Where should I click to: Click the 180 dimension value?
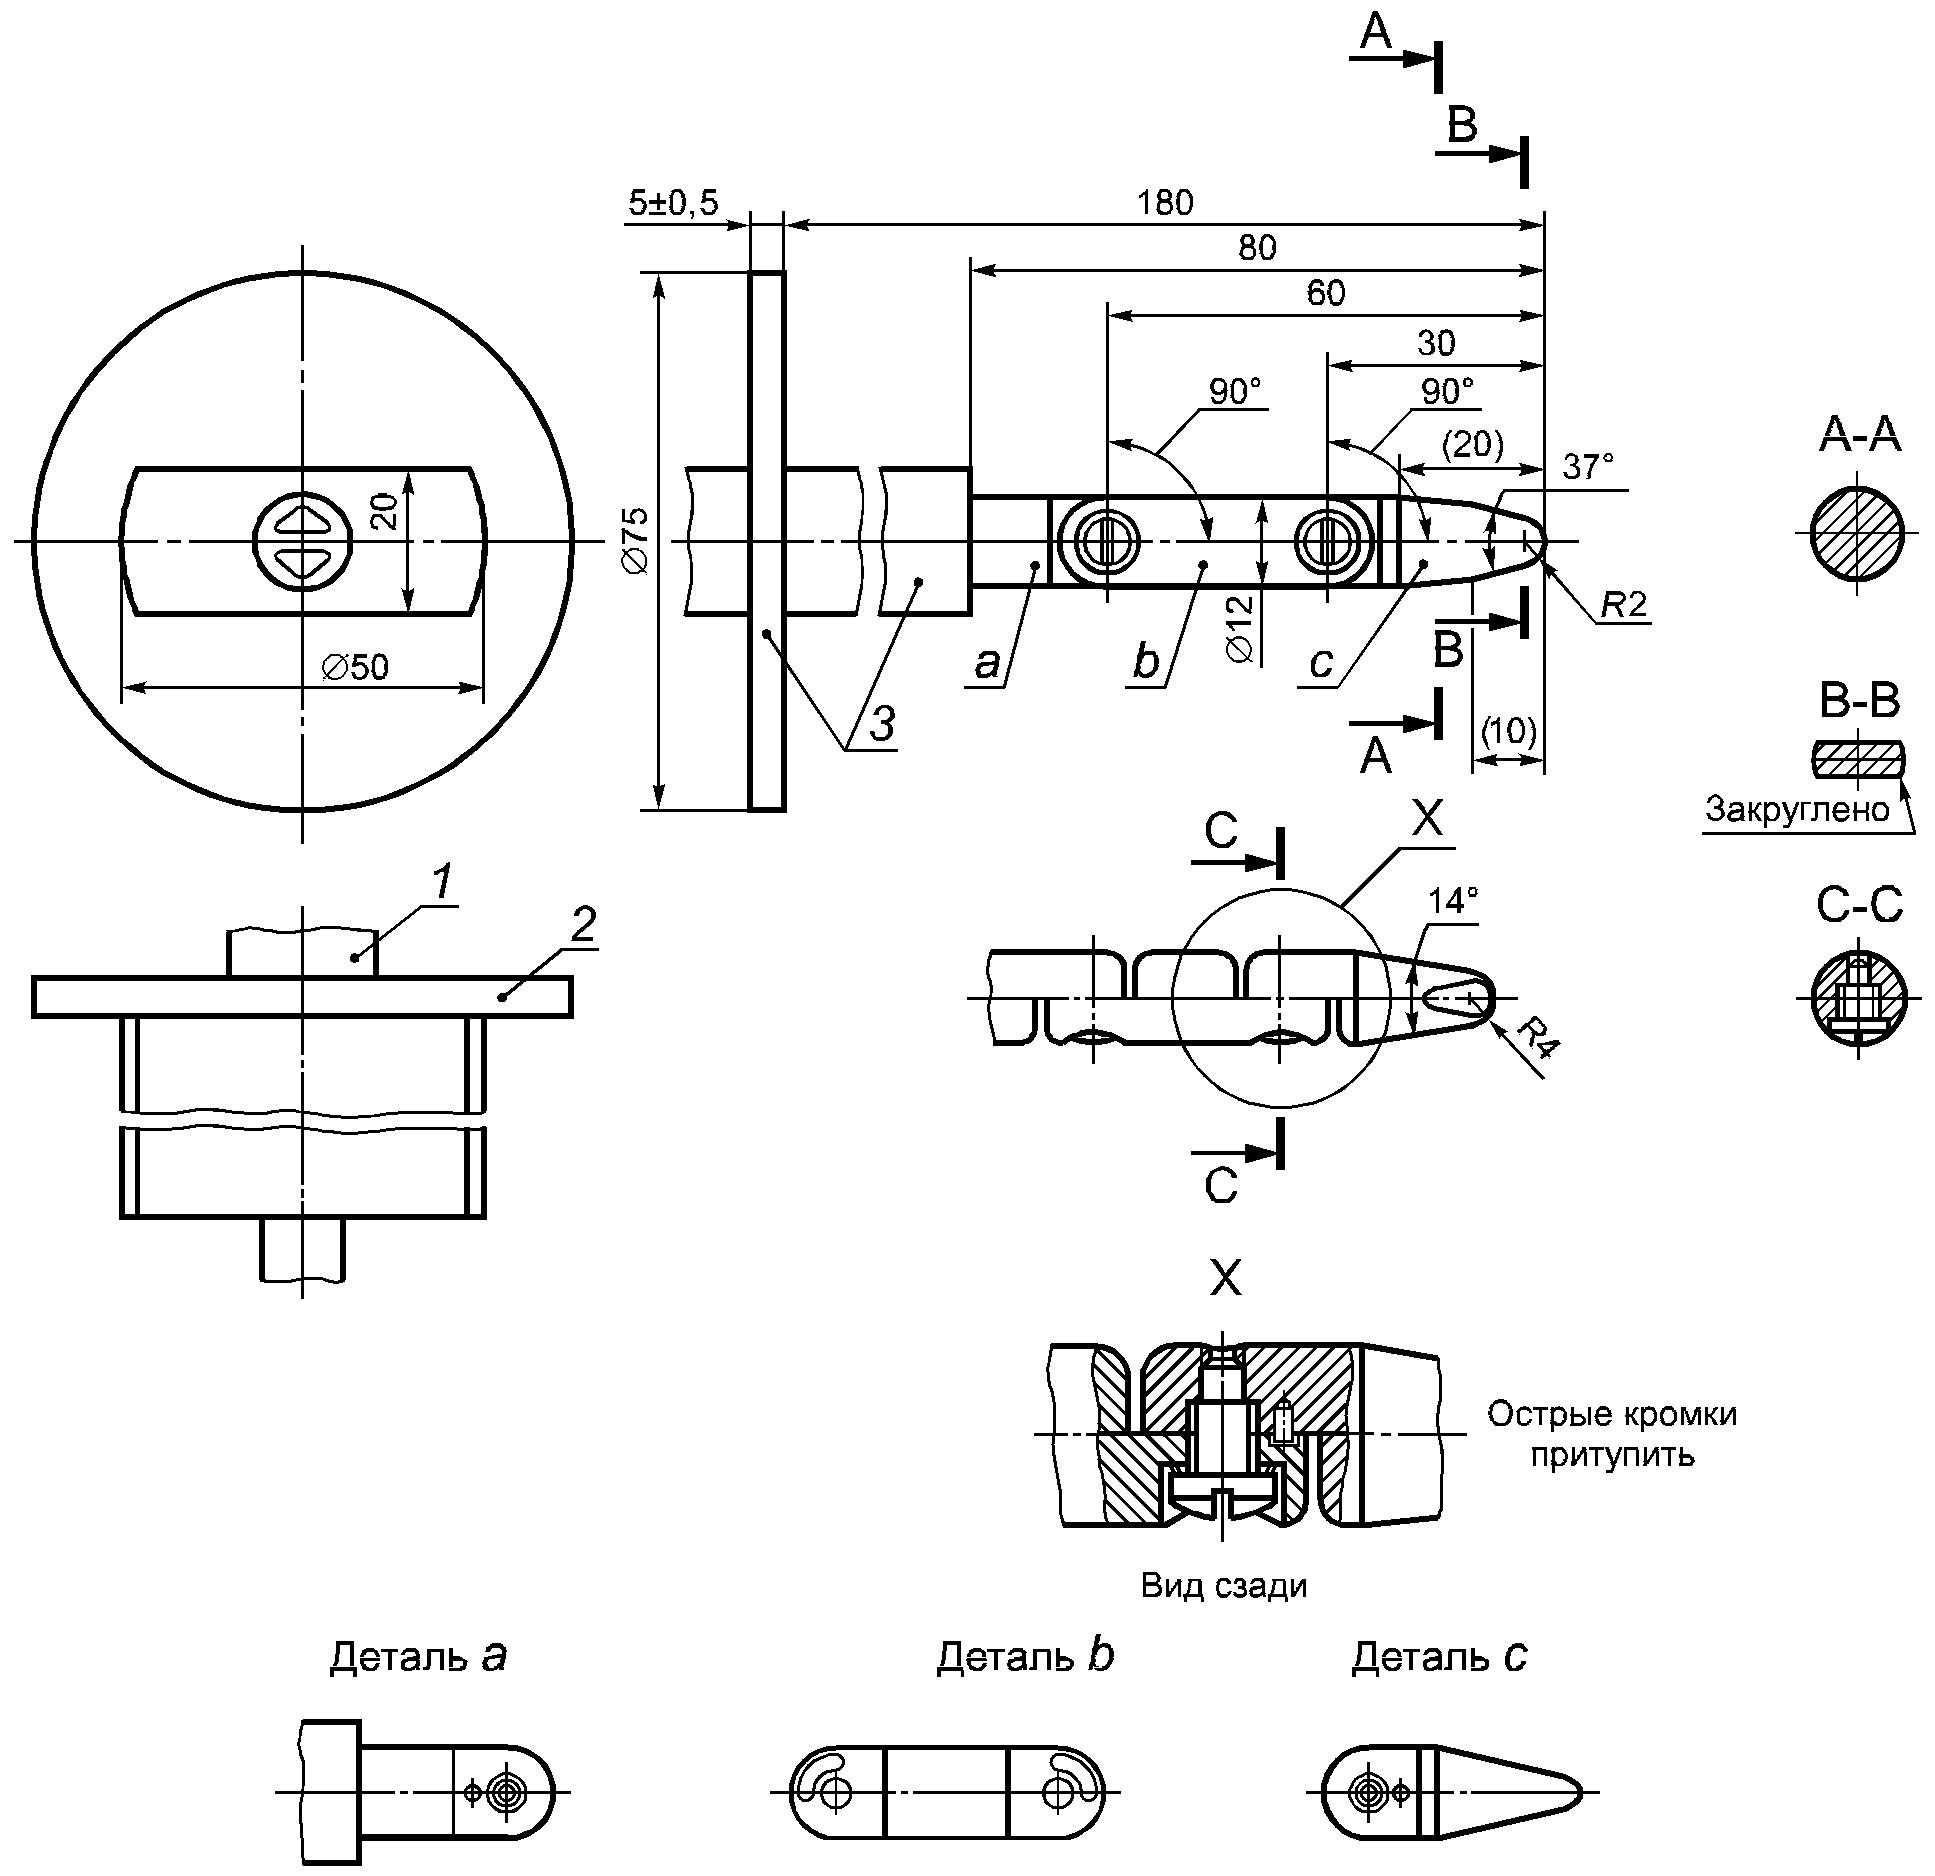coord(1165,203)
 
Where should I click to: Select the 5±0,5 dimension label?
coord(673,203)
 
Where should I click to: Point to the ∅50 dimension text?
coord(355,667)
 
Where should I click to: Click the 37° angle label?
coord(1587,467)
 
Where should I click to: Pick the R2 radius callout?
coord(1622,605)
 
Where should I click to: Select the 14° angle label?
coord(1453,901)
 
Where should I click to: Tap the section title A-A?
coord(1859,436)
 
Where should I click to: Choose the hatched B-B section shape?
coord(1859,760)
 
